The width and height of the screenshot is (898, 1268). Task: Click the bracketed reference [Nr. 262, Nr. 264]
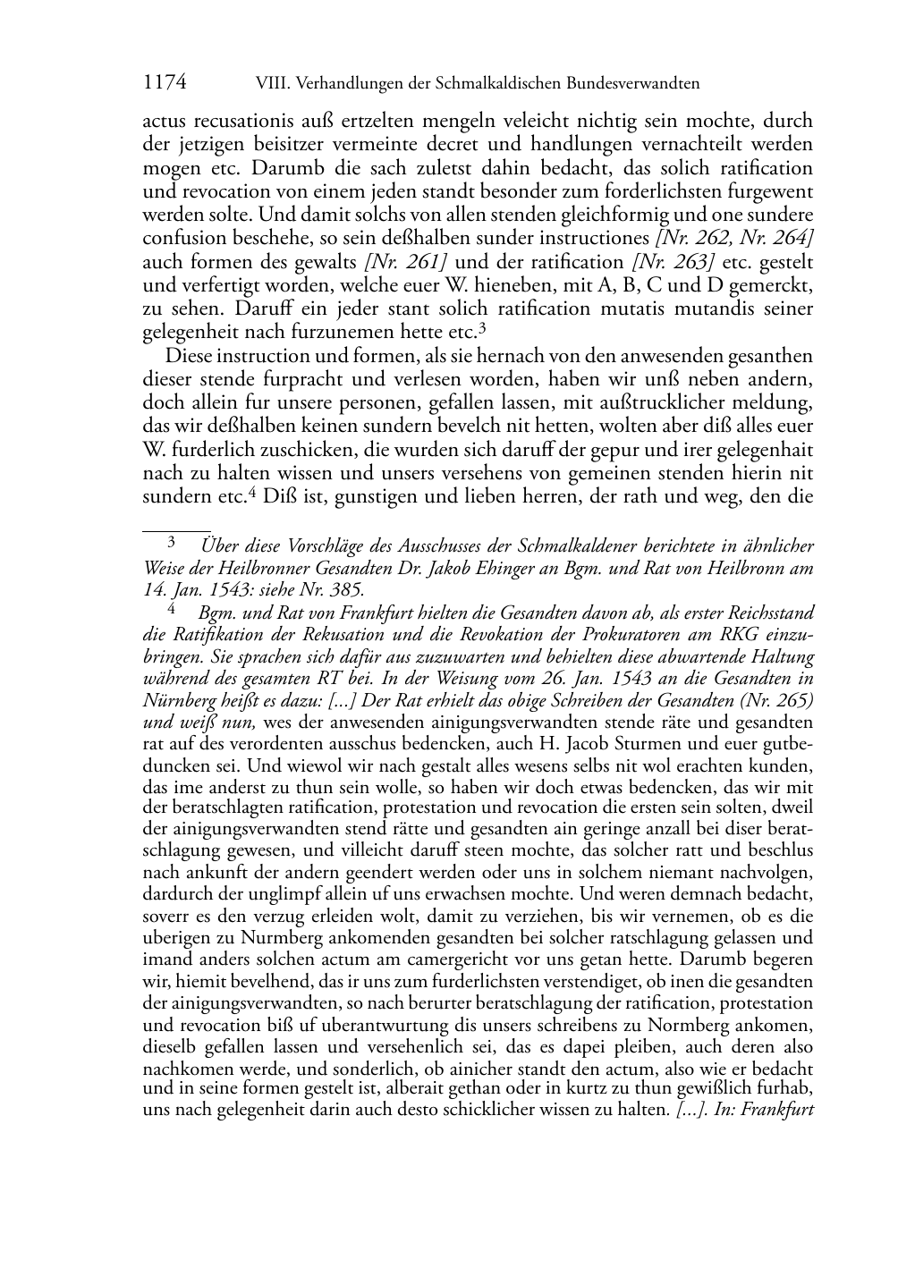(x=733, y=239)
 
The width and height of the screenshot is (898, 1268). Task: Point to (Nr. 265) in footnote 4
(x=780, y=698)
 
